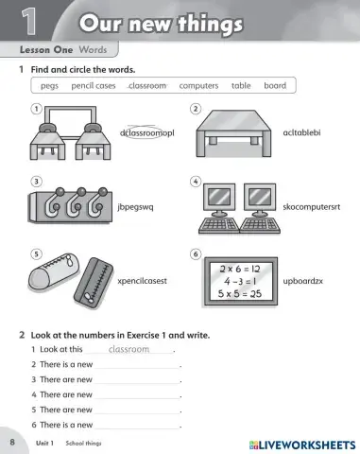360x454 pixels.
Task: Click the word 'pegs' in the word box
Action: tap(49, 85)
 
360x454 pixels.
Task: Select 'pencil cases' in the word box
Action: tap(94, 85)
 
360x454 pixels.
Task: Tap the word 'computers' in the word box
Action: tap(198, 85)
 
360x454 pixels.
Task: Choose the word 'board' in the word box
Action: tap(275, 85)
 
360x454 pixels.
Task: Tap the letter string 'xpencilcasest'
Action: tap(142, 281)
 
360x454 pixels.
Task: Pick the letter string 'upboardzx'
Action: tap(303, 281)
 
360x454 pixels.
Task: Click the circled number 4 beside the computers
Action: tap(195, 181)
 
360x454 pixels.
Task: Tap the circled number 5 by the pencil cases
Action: tap(36, 253)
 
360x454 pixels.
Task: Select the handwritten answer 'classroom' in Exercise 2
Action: tap(129, 349)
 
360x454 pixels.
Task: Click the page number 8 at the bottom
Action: tap(12, 443)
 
